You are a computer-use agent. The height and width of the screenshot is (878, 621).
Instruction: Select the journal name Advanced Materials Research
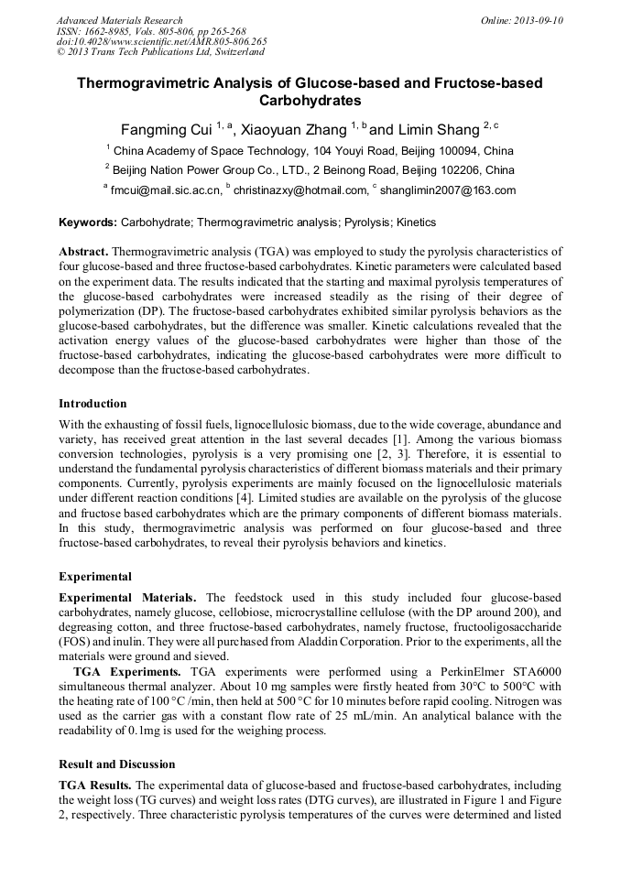point(119,20)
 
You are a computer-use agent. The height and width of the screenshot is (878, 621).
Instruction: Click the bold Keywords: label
point(88,222)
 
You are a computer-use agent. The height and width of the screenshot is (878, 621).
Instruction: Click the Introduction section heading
point(93,403)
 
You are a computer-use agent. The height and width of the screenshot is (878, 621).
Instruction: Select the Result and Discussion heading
point(116,764)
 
